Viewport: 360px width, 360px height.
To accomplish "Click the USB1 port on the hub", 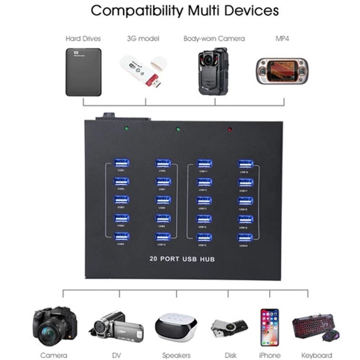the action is click(x=122, y=163).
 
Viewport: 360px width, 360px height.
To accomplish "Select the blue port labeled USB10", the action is click(x=163, y=237).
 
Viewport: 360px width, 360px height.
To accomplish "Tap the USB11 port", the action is click(x=204, y=163).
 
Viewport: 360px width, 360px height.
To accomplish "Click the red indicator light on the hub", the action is click(x=230, y=129).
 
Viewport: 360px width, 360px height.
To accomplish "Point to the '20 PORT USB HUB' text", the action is click(x=182, y=259).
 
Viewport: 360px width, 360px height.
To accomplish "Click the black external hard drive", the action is click(x=83, y=72).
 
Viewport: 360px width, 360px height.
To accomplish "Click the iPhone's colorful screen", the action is click(x=269, y=327).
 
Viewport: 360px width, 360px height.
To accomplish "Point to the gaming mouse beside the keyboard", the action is click(x=332, y=335).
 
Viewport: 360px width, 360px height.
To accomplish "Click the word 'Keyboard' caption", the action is click(x=317, y=355).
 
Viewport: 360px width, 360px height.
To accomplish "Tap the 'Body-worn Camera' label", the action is click(x=214, y=39).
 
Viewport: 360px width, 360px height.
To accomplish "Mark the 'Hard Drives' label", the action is click(x=83, y=39).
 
